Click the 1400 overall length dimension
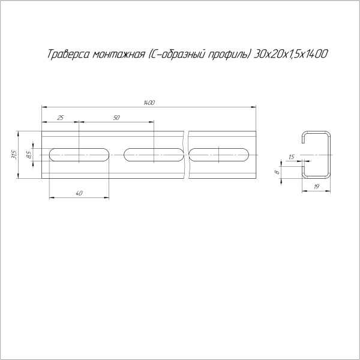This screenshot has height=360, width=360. [x=149, y=103]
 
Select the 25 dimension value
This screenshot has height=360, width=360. [x=60, y=118]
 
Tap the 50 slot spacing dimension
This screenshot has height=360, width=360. [x=116, y=118]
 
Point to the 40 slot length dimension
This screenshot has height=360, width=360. [x=79, y=193]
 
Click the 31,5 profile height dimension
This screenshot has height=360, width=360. [x=14, y=155]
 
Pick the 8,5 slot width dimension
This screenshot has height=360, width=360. [x=29, y=155]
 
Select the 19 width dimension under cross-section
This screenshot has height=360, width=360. [x=316, y=187]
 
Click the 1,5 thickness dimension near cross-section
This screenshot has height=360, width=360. [x=291, y=157]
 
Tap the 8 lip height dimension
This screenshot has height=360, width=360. [x=277, y=172]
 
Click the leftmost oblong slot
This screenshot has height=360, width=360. [x=79, y=155]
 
